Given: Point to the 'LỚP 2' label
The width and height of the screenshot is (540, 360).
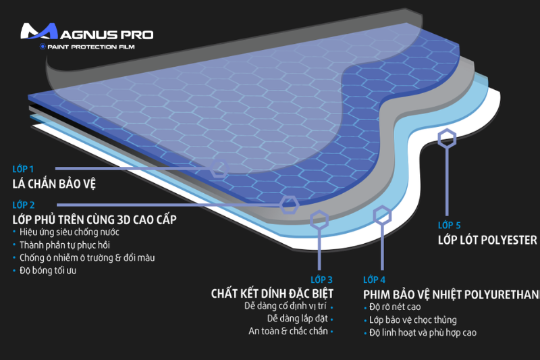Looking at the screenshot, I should point(23,205).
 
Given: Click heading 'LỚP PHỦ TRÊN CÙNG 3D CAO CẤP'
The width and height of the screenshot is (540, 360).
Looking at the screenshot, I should point(94,220).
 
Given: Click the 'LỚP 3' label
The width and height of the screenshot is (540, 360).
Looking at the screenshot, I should point(321,279).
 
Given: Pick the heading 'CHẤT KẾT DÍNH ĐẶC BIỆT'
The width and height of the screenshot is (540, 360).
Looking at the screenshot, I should point(272,294).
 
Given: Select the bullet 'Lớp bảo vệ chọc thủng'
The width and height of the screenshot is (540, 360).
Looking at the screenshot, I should point(413,319).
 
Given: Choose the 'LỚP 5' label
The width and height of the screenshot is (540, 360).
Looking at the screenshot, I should point(450,225).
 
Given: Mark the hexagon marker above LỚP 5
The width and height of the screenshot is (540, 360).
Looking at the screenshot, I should point(446,140).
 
